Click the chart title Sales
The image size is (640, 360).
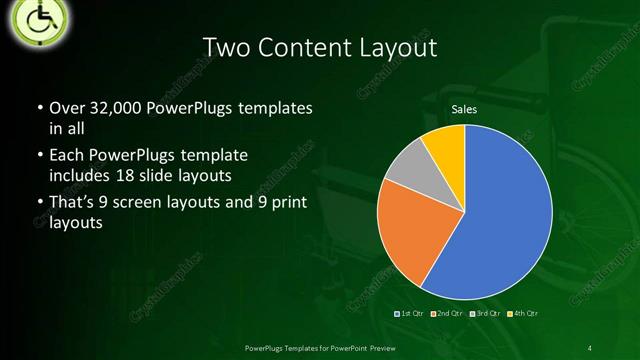click(464, 109)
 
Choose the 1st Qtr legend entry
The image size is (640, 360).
click(411, 313)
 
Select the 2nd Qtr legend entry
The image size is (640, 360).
click(449, 313)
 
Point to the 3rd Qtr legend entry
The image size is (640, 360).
click(487, 313)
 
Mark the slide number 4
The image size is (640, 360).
click(589, 347)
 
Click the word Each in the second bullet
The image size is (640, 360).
click(67, 156)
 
